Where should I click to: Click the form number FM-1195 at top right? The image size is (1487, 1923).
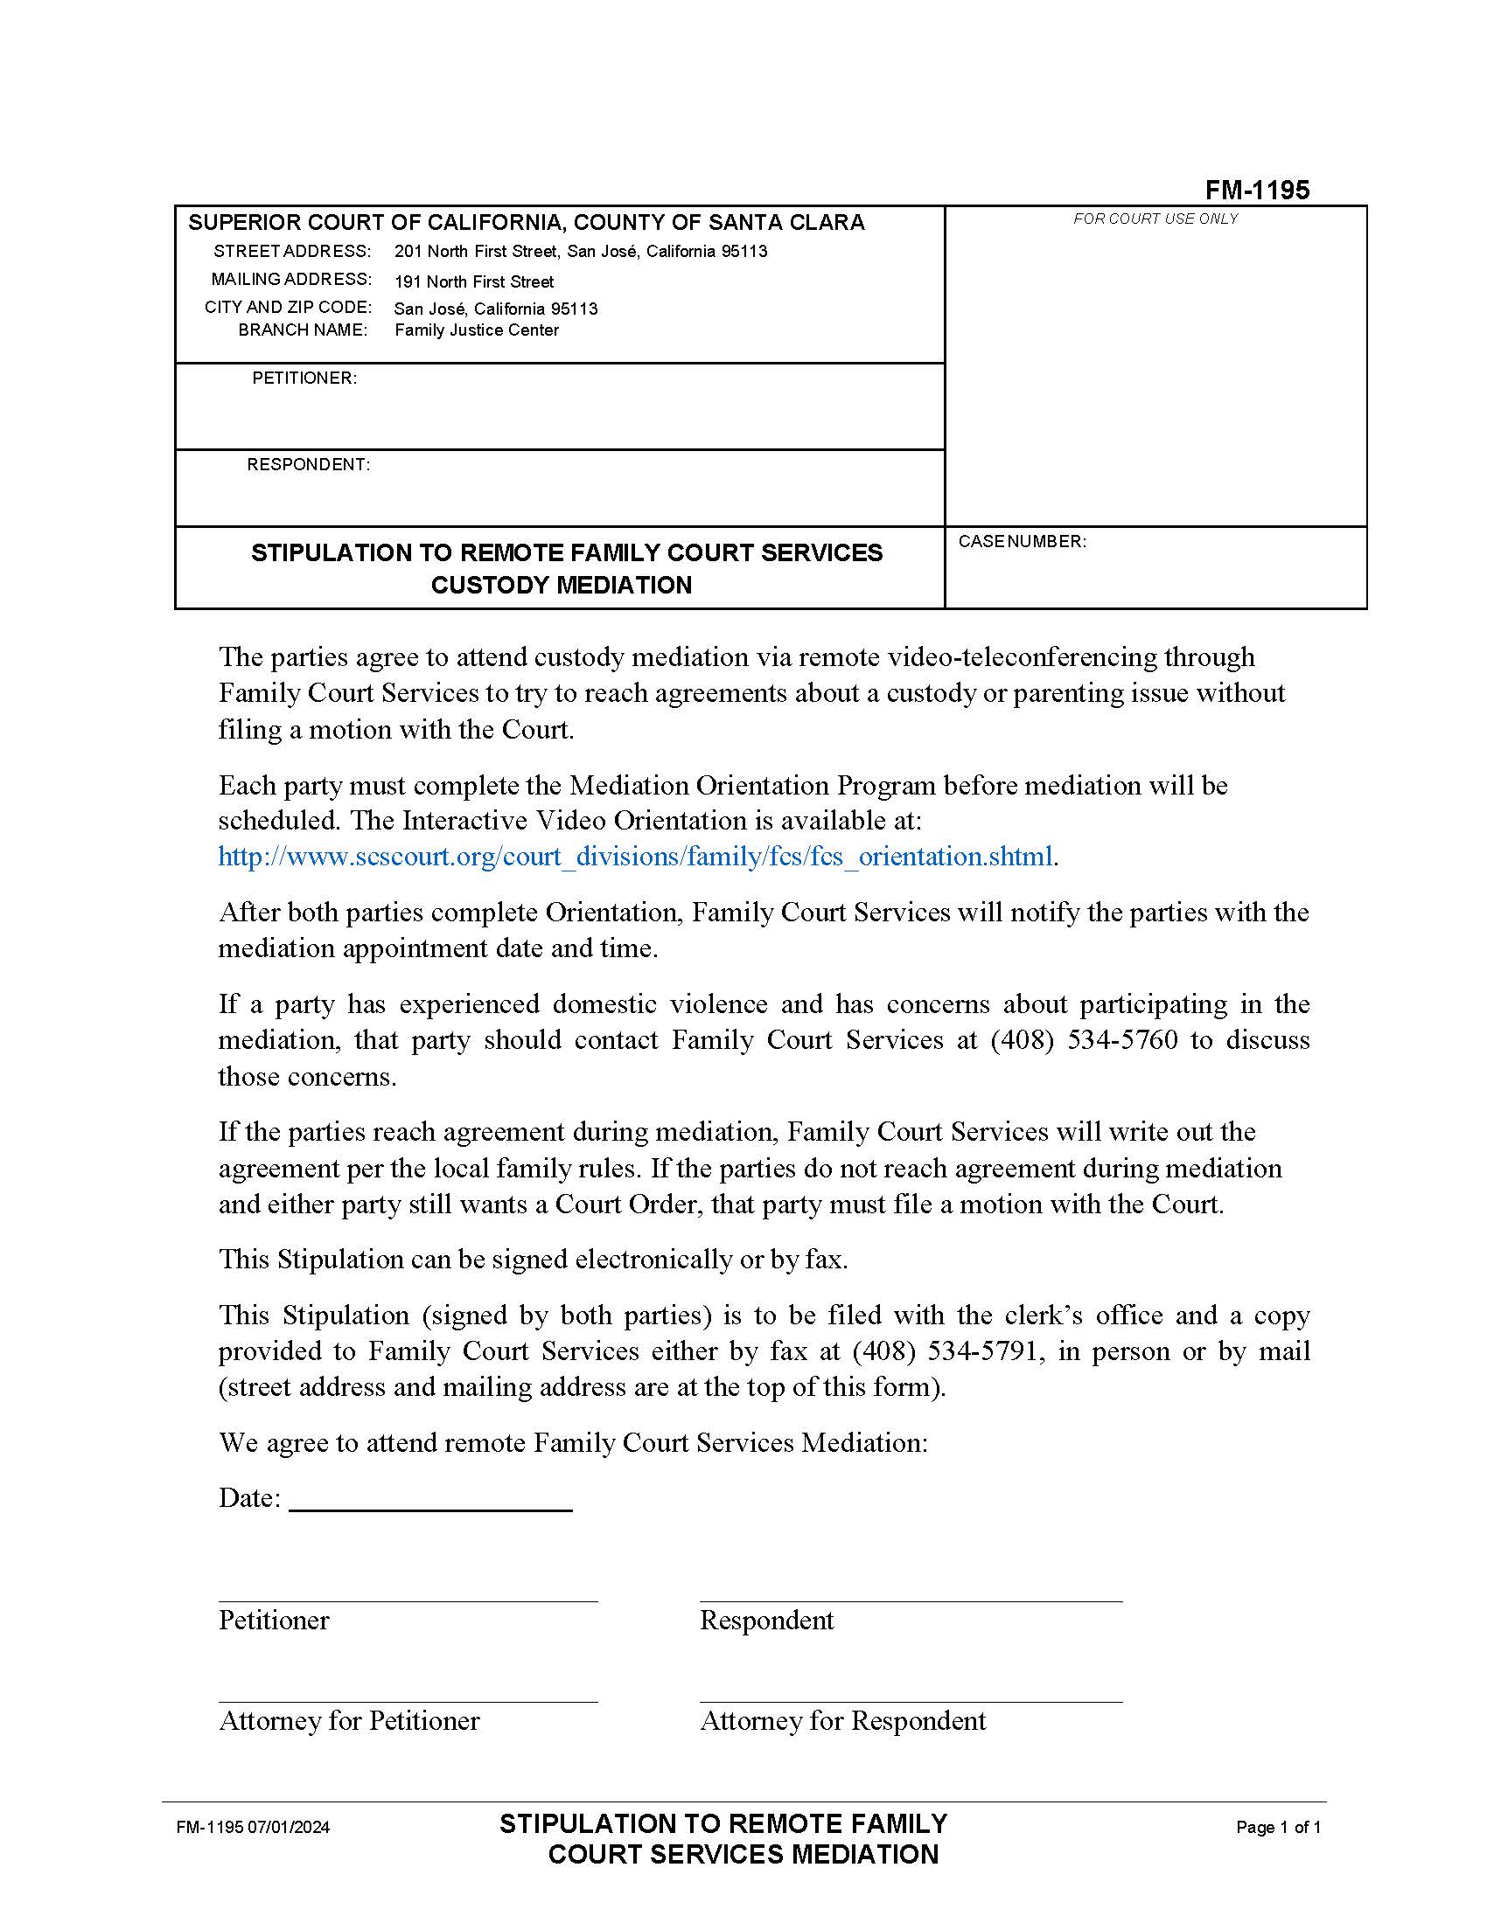(1257, 191)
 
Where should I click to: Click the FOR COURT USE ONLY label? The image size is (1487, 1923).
(1155, 219)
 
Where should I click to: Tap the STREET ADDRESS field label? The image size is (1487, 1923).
(291, 252)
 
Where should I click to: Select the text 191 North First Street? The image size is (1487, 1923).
(474, 281)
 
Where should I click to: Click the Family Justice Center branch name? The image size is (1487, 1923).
(477, 330)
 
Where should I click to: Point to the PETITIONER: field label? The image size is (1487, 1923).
(304, 378)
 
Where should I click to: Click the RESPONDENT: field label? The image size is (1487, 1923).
(308, 465)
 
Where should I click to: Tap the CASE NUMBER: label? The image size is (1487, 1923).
(1022, 542)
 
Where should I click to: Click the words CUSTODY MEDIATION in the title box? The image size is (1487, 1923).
(562, 586)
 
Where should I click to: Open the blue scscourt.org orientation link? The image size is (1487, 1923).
(635, 857)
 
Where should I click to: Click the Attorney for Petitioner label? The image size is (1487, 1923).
(349, 1720)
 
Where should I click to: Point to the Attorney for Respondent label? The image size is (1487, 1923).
(842, 1720)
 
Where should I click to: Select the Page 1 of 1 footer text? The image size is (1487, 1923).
(1278, 1828)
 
